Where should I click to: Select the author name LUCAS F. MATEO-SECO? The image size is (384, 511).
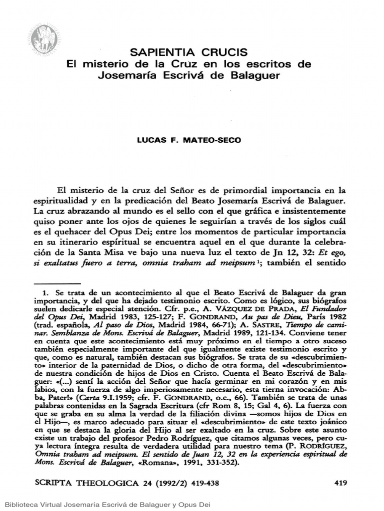[189, 140]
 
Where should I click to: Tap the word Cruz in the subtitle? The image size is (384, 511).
[173, 64]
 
